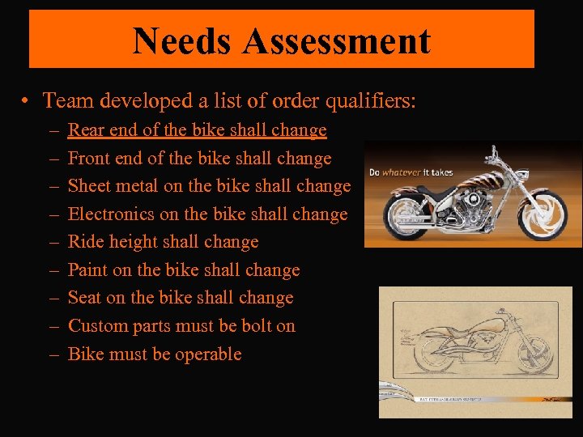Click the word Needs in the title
[177, 40]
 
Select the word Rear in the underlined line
[84, 130]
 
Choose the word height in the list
[134, 243]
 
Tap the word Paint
[87, 270]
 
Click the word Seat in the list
[84, 298]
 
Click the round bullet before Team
[27, 101]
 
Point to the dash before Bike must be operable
[52, 354]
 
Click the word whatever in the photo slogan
[402, 172]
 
